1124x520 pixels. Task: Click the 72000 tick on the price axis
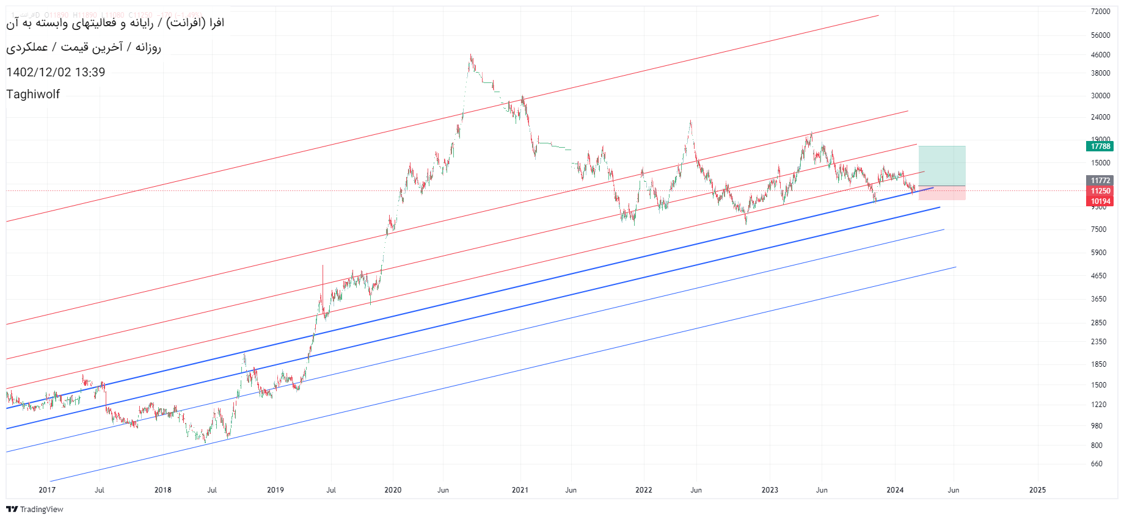pos(1100,12)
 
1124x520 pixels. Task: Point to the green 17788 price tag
pos(1100,146)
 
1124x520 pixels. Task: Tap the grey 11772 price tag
pos(1100,181)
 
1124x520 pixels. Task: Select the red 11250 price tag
pos(1100,191)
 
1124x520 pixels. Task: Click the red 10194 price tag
pos(1100,201)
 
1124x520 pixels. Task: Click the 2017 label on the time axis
pos(47,490)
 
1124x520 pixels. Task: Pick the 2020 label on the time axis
pos(393,490)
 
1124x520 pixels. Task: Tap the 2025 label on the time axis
pos(1037,490)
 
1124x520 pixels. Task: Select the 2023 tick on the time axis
pos(770,490)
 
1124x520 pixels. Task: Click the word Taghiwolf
pos(33,95)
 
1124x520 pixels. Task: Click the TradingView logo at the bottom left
pos(35,510)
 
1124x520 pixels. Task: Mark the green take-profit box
pos(942,165)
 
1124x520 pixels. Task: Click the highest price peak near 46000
pos(470,56)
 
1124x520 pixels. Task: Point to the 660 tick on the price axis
pos(1097,464)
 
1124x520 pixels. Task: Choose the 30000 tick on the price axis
pos(1100,96)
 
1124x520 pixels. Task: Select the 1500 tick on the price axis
pos(1098,385)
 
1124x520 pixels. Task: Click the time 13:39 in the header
pos(90,73)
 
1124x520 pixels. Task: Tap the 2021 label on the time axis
pos(520,490)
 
